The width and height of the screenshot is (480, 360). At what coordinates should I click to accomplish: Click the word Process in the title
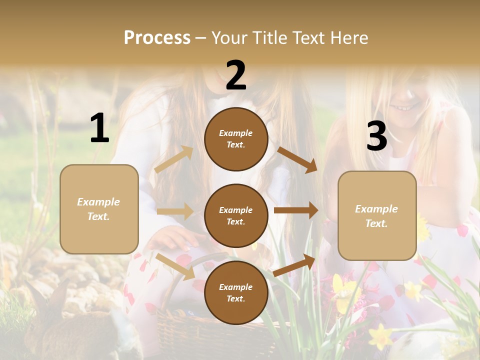point(157,38)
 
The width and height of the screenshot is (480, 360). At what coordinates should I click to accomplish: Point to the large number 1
point(99,128)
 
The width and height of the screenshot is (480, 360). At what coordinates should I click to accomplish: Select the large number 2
point(236,75)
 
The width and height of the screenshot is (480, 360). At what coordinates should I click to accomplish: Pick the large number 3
point(376,136)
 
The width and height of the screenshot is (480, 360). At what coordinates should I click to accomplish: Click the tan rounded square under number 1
point(99,209)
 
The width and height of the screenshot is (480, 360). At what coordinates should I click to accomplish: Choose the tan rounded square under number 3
point(377,216)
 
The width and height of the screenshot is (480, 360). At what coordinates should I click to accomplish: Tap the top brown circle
point(236,139)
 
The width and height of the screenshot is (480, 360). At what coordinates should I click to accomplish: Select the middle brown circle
point(236,215)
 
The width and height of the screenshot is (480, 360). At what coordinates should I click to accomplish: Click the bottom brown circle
point(236,292)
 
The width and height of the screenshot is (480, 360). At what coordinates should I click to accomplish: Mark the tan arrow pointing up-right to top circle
point(174,159)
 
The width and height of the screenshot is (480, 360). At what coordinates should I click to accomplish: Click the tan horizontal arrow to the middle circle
point(175,211)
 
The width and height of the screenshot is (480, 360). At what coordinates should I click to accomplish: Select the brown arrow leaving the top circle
point(297,160)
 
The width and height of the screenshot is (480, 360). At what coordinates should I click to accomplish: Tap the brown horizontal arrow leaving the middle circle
point(296,210)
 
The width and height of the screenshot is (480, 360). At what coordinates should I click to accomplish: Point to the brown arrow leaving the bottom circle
point(294,265)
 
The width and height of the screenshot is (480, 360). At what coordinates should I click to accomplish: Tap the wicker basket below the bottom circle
point(180,330)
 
